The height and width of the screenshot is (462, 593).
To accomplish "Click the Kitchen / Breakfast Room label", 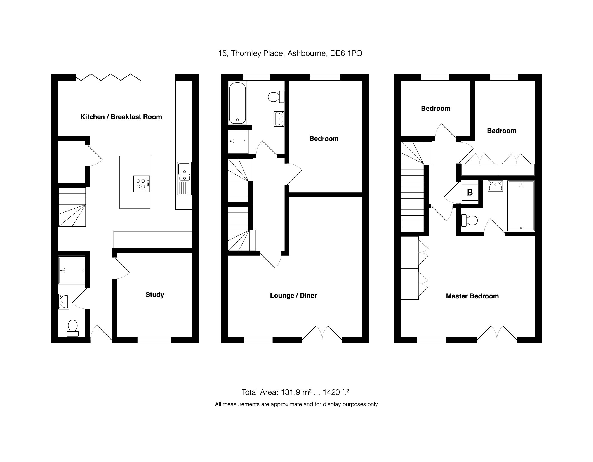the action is [x=121, y=117].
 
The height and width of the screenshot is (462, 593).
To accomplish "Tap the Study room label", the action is [x=155, y=295].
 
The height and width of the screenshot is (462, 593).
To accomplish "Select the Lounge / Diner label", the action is [x=293, y=296].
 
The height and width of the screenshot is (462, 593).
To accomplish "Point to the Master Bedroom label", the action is [x=472, y=296].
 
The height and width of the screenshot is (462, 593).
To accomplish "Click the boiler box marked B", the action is [x=470, y=192].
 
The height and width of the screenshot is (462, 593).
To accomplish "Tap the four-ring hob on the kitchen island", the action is [x=142, y=184].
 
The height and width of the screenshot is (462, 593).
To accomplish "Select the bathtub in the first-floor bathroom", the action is [x=237, y=103].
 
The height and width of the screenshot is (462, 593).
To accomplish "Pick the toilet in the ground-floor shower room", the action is [x=73, y=328].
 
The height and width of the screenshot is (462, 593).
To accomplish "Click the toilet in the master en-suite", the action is [x=469, y=220].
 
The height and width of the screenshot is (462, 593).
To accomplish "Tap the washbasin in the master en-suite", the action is [x=495, y=186].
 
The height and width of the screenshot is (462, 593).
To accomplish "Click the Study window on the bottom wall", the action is [x=154, y=340].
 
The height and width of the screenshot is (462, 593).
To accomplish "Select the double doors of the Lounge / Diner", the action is [x=322, y=333].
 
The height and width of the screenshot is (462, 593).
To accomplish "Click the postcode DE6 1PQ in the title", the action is [x=346, y=53].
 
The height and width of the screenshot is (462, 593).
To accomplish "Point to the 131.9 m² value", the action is [x=296, y=392].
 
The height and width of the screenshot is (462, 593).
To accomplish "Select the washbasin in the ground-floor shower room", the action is [x=63, y=301].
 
